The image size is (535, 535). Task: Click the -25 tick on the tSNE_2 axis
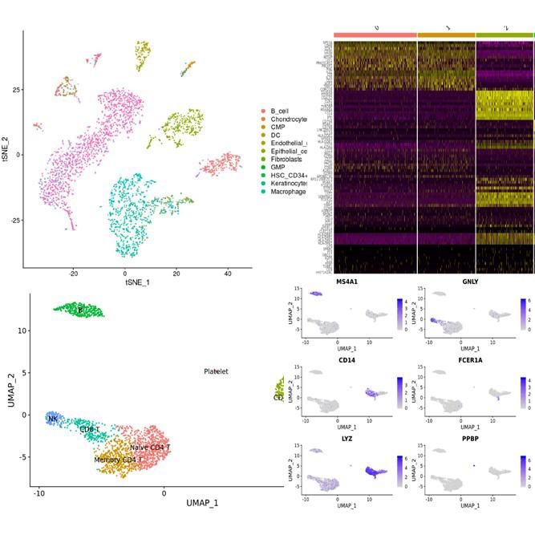tap(15, 220)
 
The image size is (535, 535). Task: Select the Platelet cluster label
tap(216, 372)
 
